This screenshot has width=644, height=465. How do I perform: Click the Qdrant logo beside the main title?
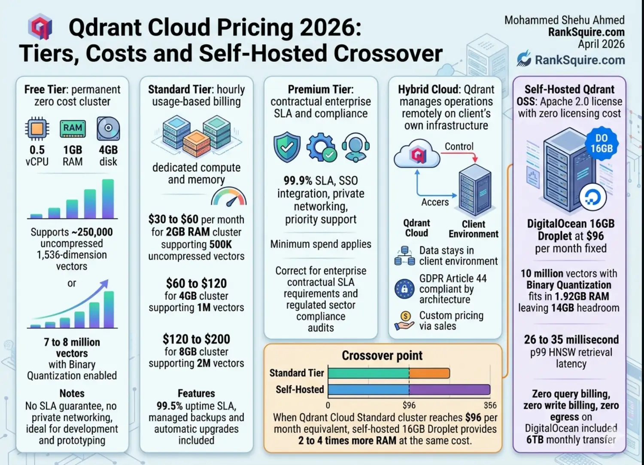pyautogui.click(x=39, y=27)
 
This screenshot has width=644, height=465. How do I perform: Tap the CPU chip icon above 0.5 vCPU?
pyautogui.click(x=37, y=128)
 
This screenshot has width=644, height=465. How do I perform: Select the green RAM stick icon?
pyautogui.click(x=73, y=128)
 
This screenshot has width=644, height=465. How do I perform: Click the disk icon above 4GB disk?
pyautogui.click(x=108, y=128)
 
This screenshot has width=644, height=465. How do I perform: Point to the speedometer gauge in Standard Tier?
pyautogui.click(x=229, y=197)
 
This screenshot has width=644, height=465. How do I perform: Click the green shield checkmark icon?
pyautogui.click(x=287, y=147)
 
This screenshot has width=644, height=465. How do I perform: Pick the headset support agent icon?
pyautogui.click(x=355, y=147)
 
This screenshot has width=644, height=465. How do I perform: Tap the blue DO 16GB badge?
pyautogui.click(x=601, y=144)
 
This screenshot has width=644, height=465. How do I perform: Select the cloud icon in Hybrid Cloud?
pyautogui.click(x=416, y=154)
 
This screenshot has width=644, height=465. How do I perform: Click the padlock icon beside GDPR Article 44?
pyautogui.click(x=404, y=289)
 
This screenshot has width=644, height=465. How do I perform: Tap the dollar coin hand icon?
pyautogui.click(x=404, y=321)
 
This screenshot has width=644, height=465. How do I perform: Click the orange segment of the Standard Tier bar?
pyautogui.click(x=429, y=373)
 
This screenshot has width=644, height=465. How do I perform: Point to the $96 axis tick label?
pyautogui.click(x=409, y=405)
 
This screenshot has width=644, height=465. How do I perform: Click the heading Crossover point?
pyautogui.click(x=382, y=356)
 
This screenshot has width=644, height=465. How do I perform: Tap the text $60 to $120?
pyautogui.click(x=196, y=284)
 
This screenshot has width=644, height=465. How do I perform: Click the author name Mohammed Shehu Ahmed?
pyautogui.click(x=564, y=20)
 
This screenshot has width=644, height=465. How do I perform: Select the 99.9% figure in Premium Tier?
pyautogui.click(x=298, y=180)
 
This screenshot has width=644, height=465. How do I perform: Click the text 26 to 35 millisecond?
pyautogui.click(x=571, y=340)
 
